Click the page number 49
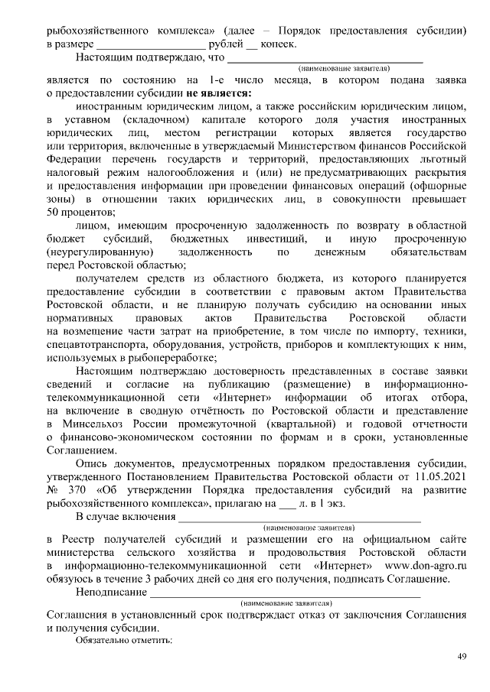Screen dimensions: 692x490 pos(462,656)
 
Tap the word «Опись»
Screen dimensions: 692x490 pos(93,463)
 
